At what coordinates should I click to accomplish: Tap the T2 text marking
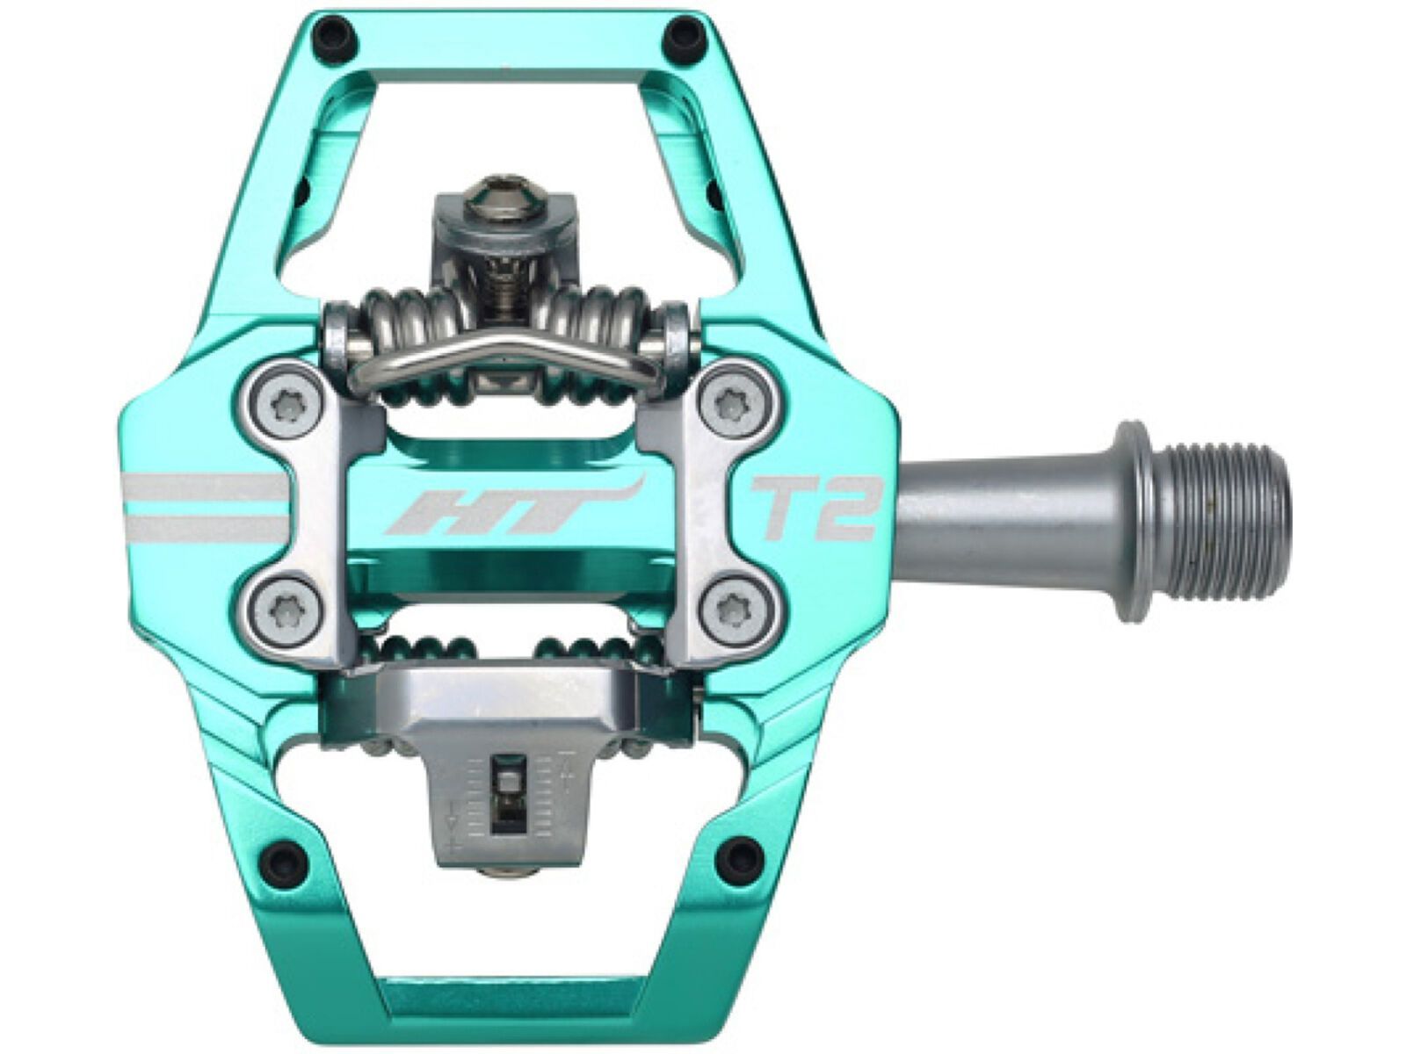tap(814, 507)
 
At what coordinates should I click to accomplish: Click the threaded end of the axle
tap(1230, 509)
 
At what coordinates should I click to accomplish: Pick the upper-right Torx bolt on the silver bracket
tap(731, 405)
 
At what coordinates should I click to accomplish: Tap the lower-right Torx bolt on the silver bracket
tap(731, 605)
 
